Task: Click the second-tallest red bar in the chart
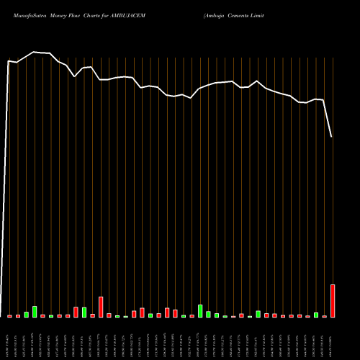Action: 101,307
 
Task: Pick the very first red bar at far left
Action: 10,315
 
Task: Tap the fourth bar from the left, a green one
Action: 35,312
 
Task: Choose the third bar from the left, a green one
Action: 27,314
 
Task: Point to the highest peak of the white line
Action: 34,53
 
